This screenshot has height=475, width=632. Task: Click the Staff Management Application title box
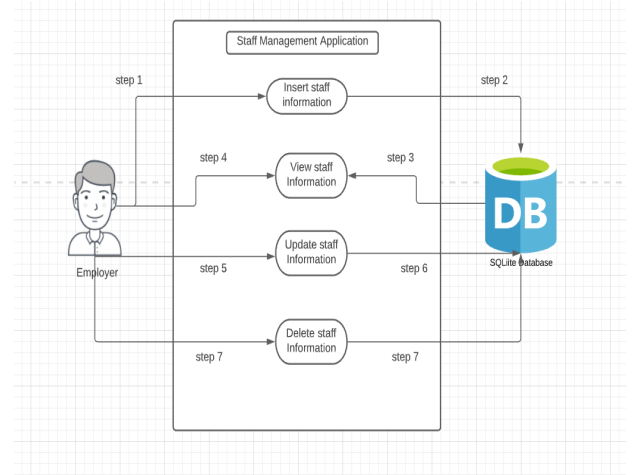point(302,42)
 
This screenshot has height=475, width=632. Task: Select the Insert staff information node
point(306,95)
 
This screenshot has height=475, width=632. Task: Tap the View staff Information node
point(311,175)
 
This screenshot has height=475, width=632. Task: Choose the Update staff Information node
point(311,252)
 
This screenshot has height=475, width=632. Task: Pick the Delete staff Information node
point(311,341)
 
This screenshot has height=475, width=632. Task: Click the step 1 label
point(129,80)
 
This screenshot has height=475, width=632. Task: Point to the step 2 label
point(494,80)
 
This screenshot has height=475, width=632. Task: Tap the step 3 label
point(400,158)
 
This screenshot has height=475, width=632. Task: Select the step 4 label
point(213,158)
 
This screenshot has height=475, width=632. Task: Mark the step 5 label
point(213,268)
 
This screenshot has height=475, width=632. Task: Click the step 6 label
point(414,268)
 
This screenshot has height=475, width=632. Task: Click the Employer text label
point(97,272)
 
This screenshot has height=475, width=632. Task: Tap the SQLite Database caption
point(520,263)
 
